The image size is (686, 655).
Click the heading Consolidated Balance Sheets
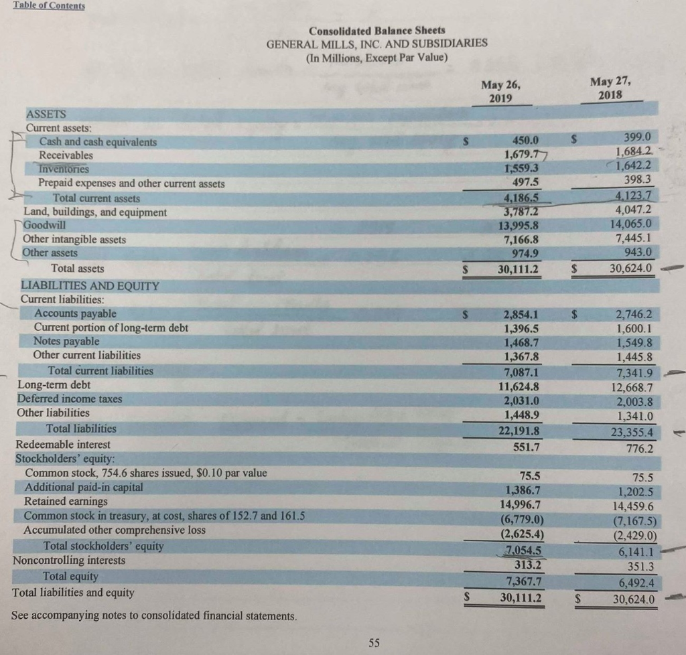376,31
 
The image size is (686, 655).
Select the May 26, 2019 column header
500,91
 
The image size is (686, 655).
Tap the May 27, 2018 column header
611,88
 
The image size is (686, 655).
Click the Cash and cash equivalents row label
98,142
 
